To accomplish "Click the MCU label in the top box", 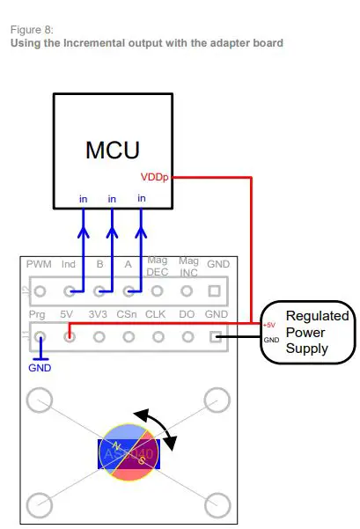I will click(x=112, y=150).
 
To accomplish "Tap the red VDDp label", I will click(x=154, y=177).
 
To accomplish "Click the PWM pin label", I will click(x=40, y=264).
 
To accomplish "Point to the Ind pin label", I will click(x=69, y=264).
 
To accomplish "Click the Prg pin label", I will click(x=37, y=313).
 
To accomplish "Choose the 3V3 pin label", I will click(x=99, y=313).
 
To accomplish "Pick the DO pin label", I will click(x=187, y=313).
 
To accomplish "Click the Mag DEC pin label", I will click(x=158, y=266).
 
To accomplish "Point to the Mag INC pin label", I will click(x=187, y=266).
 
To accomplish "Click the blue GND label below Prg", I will click(x=40, y=367).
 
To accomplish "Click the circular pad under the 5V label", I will click(x=69, y=335).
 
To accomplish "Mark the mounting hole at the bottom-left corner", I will click(x=39, y=504).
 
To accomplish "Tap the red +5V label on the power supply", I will click(x=269, y=325).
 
